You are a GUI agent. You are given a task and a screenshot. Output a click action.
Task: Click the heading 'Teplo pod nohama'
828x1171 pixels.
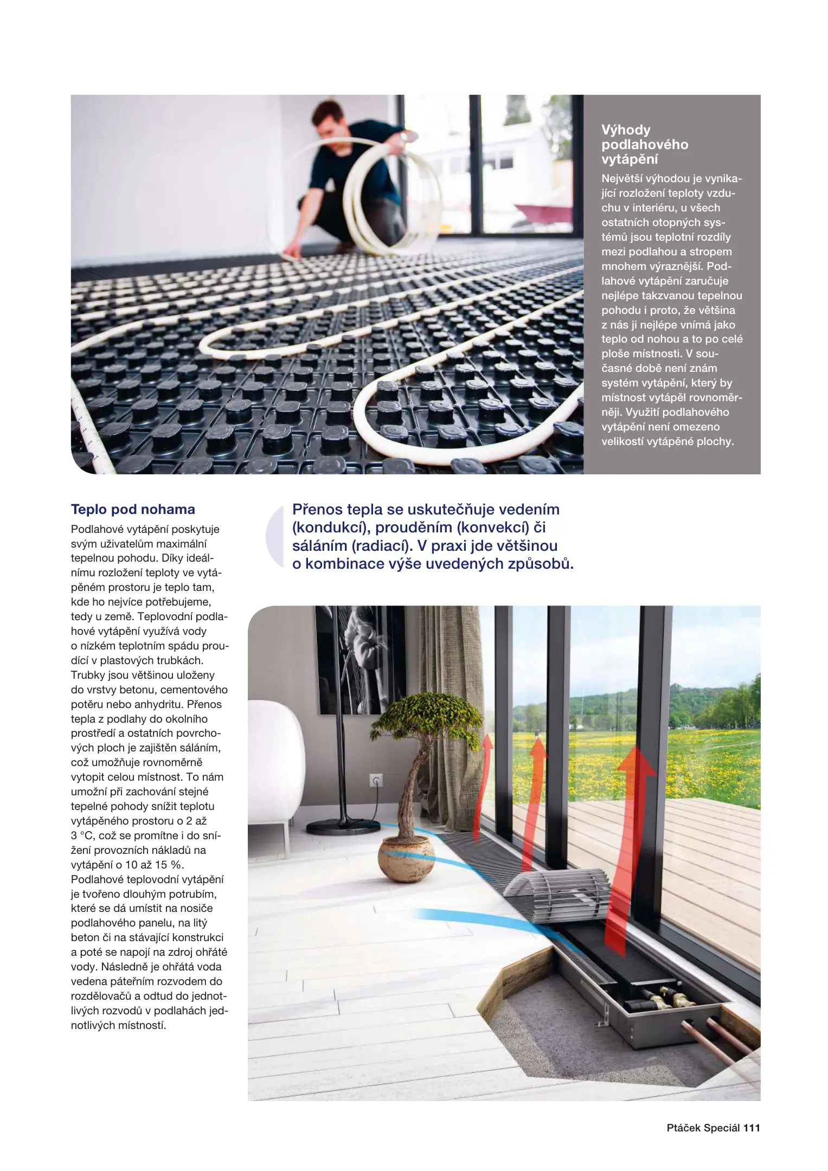[133, 509]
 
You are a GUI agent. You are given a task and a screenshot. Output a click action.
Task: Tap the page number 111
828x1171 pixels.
[752, 1128]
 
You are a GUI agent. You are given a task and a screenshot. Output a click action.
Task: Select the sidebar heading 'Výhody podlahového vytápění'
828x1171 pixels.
[644, 144]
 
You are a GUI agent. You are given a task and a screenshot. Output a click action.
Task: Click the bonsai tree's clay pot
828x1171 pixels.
[406, 859]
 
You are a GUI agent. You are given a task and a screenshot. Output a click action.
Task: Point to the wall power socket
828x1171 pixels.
[376, 780]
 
